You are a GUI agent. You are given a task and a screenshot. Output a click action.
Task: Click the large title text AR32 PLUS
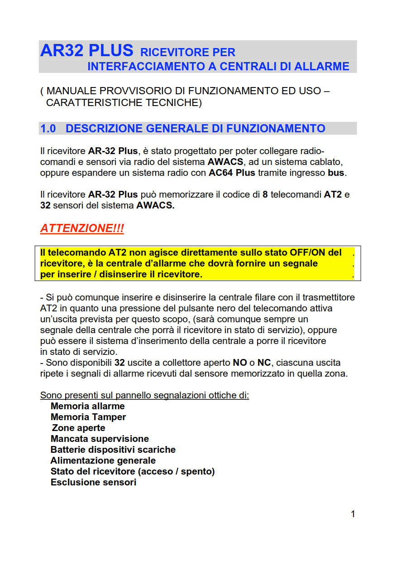point(86,50)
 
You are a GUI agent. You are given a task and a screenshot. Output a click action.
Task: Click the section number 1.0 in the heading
point(48,129)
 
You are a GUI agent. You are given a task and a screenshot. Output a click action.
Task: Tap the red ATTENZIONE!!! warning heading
point(82,228)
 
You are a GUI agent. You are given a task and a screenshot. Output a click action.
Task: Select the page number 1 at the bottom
point(353,514)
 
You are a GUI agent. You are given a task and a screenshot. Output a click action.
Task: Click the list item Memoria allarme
point(87,406)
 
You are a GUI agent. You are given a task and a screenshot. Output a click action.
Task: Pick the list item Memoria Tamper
point(88,417)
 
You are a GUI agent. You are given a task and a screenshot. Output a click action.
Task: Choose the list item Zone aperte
point(78,428)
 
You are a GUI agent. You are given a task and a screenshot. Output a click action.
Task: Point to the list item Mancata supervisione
point(100,439)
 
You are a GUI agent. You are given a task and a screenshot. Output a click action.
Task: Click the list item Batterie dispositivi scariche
point(113,450)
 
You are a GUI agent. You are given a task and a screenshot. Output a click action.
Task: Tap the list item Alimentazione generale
point(103,460)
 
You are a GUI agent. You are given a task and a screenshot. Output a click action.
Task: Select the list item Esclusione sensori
point(93,482)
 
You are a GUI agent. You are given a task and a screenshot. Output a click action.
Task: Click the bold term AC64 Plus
point(232,173)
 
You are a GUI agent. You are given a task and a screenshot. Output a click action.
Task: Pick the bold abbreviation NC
point(263,363)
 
